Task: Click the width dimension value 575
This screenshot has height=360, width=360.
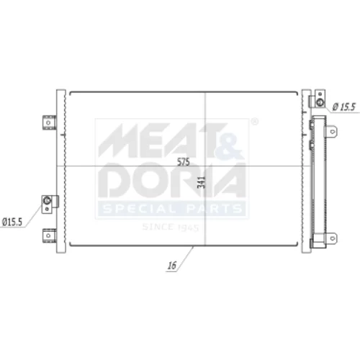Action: [x=184, y=162]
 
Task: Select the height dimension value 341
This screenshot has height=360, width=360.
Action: [x=202, y=182]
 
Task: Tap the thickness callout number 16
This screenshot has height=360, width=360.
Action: [x=172, y=266]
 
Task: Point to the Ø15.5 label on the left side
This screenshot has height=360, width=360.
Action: [x=12, y=222]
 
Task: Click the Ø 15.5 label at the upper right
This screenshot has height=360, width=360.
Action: [x=343, y=107]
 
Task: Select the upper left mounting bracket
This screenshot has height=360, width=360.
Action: [x=49, y=122]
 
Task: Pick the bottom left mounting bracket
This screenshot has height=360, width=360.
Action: [x=49, y=235]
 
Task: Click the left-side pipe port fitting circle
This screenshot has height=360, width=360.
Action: [x=47, y=199]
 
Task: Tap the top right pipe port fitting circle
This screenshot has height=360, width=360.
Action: [x=320, y=102]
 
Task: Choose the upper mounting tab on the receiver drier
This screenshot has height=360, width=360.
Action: [x=332, y=132]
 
